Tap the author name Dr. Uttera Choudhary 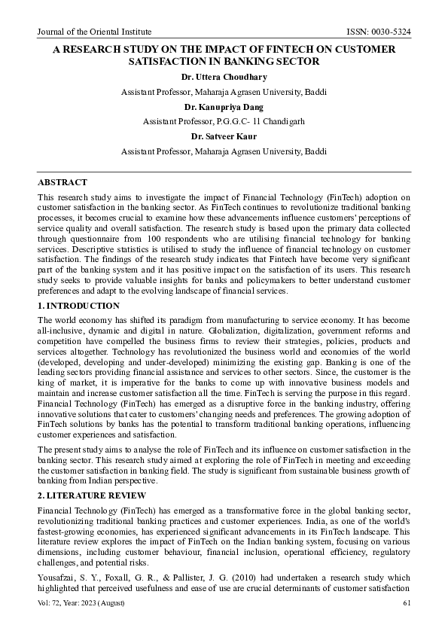pyautogui.click(x=224, y=77)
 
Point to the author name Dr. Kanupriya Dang pyautogui.click(x=224, y=107)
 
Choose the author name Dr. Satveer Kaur pyautogui.click(x=224, y=136)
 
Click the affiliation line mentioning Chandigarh pyautogui.click(x=224, y=121)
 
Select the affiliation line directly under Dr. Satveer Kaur pyautogui.click(x=224, y=151)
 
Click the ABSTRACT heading pyautogui.click(x=62, y=183)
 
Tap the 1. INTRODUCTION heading pyautogui.click(x=78, y=306)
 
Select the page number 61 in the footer pyautogui.click(x=407, y=603)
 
